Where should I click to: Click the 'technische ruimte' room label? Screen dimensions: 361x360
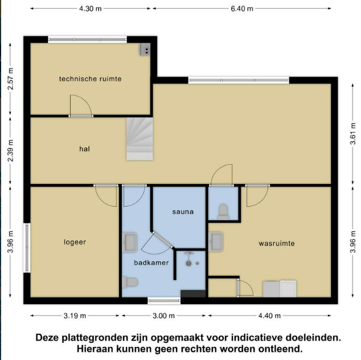(x=90, y=79)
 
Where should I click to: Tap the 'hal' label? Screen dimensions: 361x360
(x=84, y=149)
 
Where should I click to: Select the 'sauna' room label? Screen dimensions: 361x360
(x=183, y=212)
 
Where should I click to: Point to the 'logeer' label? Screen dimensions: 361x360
(x=75, y=242)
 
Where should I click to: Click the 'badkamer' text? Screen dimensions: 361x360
(x=151, y=263)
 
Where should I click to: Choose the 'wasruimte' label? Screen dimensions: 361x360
(x=277, y=243)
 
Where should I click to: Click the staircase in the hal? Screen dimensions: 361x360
(x=140, y=139)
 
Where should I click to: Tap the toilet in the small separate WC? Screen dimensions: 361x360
(x=223, y=211)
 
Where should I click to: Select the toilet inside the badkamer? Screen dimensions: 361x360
(x=130, y=282)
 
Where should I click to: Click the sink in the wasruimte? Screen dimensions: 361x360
(x=216, y=242)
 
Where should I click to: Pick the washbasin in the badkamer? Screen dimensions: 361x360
(x=129, y=242)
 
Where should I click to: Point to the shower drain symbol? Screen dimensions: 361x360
(x=188, y=263)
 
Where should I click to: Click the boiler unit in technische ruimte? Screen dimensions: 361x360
(x=146, y=49)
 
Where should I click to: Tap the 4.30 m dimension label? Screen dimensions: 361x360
(x=90, y=9)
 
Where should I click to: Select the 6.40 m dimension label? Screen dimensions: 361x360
(x=242, y=9)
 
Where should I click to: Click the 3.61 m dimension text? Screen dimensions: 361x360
(x=352, y=134)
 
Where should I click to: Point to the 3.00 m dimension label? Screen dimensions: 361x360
(x=163, y=316)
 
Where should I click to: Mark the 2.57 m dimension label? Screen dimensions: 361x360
(x=10, y=79)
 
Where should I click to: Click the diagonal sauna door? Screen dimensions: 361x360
(x=162, y=240)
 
